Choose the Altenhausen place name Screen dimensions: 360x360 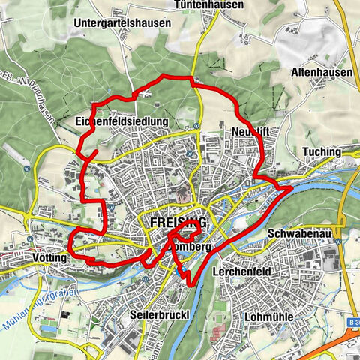320,73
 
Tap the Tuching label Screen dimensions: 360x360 322,152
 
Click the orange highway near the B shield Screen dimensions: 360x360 330,346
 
